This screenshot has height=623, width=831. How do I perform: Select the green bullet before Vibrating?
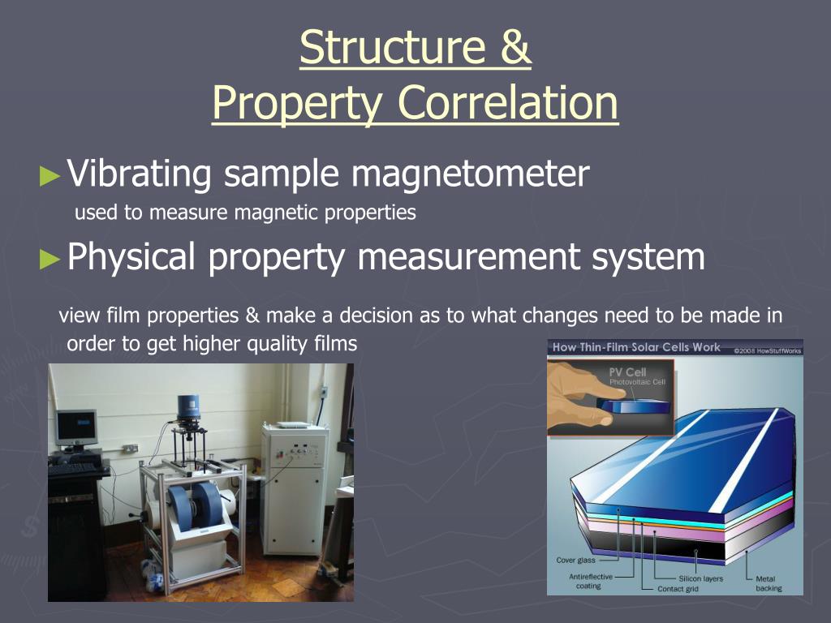click(50, 176)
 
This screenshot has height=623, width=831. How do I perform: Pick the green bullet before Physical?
click(50, 259)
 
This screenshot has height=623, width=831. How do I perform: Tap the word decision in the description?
click(376, 316)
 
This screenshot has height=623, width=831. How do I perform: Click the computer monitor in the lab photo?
click(76, 428)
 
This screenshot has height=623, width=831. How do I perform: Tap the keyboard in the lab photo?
click(74, 470)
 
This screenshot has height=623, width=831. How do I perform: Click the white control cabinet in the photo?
click(294, 488)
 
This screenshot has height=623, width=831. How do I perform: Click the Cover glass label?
click(575, 561)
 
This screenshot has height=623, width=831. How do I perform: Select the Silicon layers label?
click(700, 578)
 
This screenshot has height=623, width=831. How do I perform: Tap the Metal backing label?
click(769, 583)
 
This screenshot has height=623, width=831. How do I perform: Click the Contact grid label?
click(678, 589)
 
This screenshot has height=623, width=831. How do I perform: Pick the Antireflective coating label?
click(591, 581)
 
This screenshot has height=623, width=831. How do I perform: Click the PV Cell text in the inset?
click(628, 372)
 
